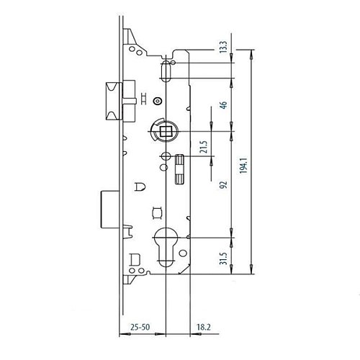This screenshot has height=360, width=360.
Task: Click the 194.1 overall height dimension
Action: (243, 166)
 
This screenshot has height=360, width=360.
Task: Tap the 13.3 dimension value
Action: (223, 47)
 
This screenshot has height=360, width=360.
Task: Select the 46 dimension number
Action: (223, 105)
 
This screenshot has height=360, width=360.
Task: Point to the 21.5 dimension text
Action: (204, 147)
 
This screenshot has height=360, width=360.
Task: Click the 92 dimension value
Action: (223, 184)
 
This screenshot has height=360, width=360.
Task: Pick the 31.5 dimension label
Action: (223, 258)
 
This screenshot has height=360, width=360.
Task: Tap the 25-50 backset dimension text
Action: (140, 327)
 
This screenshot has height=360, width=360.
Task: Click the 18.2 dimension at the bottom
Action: (204, 327)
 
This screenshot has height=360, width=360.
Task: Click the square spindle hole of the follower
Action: (166, 131)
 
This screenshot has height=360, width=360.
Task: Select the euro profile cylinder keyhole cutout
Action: (166, 247)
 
